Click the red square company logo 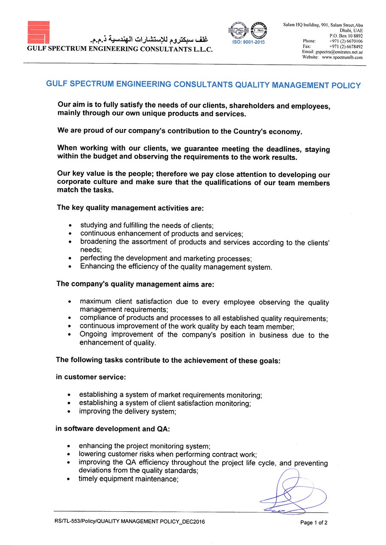pos(38,32)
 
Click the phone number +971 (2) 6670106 pos(346,41)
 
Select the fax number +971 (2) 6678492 pos(346,46)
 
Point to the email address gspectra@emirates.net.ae pos(339,51)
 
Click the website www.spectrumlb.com pos(342,57)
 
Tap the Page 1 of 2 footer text pos(314,522)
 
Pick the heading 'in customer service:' pos(90,377)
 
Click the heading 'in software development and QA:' pos(113,429)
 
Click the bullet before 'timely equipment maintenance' pos(69,480)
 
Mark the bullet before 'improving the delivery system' pos(69,412)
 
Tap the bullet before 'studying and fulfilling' pos(70,226)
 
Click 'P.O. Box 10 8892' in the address pos(346,36)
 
